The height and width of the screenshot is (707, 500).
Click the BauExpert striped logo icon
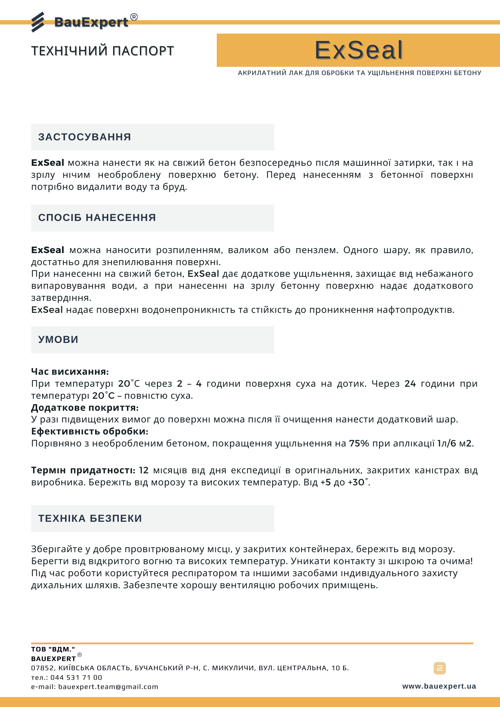(x=38, y=22)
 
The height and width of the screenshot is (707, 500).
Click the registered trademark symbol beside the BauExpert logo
(x=134, y=17)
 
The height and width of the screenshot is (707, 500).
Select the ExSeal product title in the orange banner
(x=359, y=50)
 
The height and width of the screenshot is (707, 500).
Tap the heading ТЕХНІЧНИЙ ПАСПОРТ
(x=103, y=51)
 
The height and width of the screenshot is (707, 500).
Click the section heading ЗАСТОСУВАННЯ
(x=85, y=137)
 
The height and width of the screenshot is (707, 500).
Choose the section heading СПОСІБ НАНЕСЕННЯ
(x=97, y=217)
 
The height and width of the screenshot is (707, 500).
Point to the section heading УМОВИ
(x=58, y=339)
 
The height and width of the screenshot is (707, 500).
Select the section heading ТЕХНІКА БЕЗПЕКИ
(x=90, y=518)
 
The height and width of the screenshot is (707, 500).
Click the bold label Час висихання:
(x=70, y=372)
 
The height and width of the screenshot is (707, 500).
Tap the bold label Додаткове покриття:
(x=85, y=408)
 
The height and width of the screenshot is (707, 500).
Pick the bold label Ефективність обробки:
(x=90, y=431)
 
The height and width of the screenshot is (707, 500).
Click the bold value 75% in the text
(x=359, y=443)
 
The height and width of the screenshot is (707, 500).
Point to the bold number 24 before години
(x=410, y=384)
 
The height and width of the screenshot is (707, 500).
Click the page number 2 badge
(x=440, y=668)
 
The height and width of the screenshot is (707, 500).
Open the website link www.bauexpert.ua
(x=439, y=686)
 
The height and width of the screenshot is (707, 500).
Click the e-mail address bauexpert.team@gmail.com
(x=108, y=686)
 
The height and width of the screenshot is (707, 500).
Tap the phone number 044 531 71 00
(x=76, y=677)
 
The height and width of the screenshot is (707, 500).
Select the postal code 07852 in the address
(x=42, y=668)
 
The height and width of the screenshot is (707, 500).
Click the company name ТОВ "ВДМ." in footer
(x=53, y=649)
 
